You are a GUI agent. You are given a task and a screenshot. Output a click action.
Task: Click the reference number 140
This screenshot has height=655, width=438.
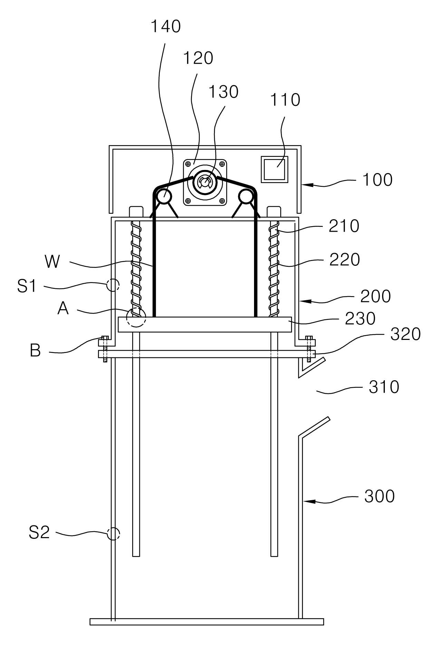coord(165,27)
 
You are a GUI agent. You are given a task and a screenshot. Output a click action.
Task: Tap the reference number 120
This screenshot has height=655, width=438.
coord(198,58)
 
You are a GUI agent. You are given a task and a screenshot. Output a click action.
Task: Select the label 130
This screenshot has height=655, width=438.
coord(223,92)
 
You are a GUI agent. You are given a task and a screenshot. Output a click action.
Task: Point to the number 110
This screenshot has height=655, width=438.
coord(285,100)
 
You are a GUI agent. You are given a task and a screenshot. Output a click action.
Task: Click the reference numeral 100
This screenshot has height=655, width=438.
coord(377,180)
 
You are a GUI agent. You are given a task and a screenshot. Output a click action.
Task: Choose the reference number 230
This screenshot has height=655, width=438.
coord(360,319)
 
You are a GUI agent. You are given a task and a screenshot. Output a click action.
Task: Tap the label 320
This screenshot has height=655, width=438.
coord(405,334)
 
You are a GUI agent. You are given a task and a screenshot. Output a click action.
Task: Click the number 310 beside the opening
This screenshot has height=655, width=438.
coord(384,387)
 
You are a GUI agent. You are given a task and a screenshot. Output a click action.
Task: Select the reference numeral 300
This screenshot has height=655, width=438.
coord(379,496)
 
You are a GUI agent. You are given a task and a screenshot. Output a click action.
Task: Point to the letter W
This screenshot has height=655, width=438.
coord(52,262)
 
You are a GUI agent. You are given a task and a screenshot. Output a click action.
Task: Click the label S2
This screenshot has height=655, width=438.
coord(39,532)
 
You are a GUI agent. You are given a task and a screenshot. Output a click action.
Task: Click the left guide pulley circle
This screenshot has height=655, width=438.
coord(164,197)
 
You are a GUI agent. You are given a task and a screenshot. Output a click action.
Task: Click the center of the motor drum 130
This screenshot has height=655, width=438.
coord(205,181)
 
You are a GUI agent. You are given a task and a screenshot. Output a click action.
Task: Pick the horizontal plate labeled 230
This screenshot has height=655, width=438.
coord(205,324)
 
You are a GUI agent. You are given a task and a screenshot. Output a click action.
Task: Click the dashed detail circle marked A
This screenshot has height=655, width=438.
coord(136,317)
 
